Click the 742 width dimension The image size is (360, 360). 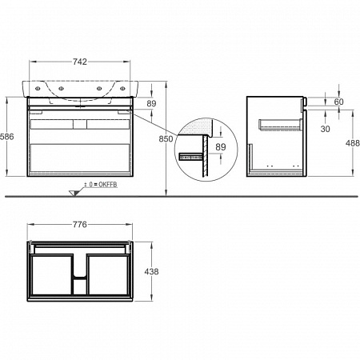click(x=80, y=62)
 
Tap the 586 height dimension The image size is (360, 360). click(x=6, y=137)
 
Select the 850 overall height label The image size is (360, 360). click(x=166, y=138)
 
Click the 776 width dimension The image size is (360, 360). click(x=80, y=225)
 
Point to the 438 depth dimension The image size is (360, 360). click(x=151, y=271)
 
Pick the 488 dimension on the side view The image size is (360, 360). click(x=353, y=143)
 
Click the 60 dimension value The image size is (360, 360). click(x=338, y=102)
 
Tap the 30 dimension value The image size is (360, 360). click(x=325, y=129)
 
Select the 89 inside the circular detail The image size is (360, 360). click(x=221, y=146)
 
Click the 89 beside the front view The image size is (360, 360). click(x=151, y=103)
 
